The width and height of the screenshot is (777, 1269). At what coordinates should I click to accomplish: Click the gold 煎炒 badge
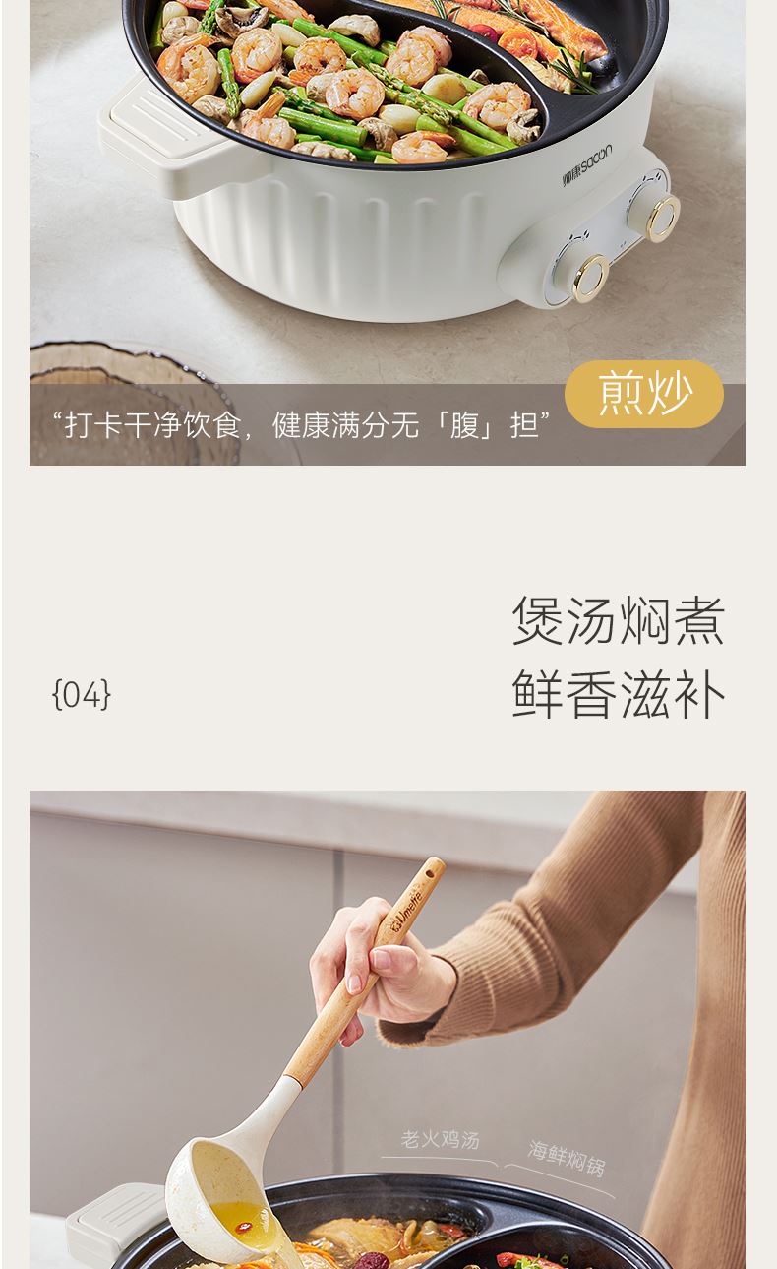(643, 394)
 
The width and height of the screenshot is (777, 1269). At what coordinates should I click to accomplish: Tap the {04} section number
(82, 694)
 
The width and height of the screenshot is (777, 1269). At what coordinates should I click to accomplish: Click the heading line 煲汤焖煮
(618, 620)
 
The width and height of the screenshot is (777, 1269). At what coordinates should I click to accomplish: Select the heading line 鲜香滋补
(618, 694)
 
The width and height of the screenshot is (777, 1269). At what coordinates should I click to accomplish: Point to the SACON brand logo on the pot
(587, 165)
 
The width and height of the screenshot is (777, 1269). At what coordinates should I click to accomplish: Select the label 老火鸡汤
(440, 1139)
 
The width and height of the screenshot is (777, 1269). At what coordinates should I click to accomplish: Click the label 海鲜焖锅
(567, 1159)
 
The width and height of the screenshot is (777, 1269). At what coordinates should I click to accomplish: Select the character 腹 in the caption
(464, 425)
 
